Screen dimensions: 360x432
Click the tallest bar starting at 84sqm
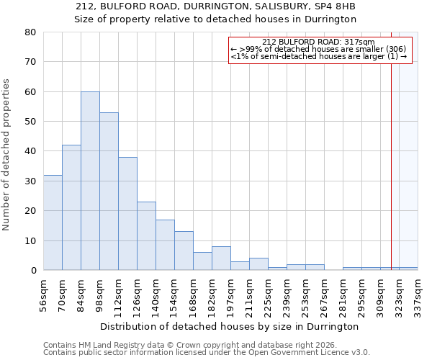point(90,181)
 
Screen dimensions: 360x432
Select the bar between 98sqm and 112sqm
point(109,192)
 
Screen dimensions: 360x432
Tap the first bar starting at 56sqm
point(53,222)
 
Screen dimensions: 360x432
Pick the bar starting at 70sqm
point(71,207)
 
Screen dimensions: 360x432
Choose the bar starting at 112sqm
point(127,214)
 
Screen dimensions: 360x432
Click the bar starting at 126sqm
point(146,236)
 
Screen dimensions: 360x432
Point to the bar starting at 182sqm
point(221,258)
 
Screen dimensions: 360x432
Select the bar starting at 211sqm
point(258,264)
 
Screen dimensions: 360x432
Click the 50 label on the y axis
point(30,122)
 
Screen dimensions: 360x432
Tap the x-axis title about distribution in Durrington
point(229,326)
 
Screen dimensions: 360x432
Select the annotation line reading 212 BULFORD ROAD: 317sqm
point(318,42)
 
